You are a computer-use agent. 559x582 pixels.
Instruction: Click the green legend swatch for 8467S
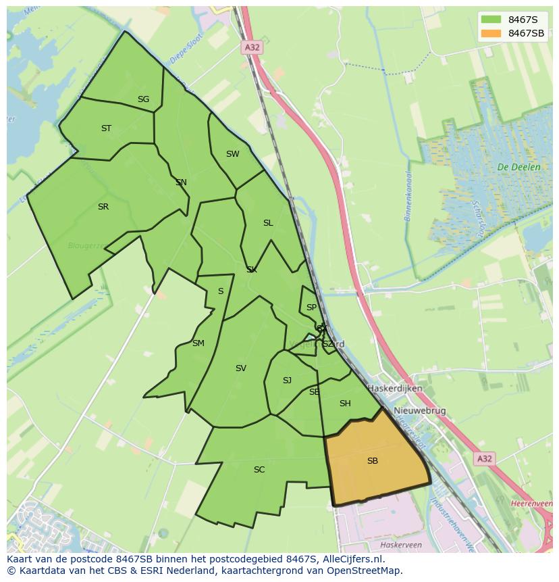491,20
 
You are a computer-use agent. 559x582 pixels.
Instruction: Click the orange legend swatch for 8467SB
491,33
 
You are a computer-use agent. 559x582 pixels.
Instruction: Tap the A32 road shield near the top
251,47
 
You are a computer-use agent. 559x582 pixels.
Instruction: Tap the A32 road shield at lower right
484,459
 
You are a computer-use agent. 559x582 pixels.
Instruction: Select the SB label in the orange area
373,461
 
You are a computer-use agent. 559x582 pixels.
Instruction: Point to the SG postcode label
143,99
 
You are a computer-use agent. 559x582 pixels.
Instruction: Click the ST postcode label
106,128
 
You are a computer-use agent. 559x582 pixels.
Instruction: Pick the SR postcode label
103,207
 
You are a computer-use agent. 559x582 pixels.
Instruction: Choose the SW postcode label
232,154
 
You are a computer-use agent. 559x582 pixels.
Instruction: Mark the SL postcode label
268,223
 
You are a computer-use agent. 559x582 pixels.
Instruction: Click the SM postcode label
198,343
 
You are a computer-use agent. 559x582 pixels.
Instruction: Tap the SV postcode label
241,368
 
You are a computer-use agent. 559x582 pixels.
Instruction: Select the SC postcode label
259,470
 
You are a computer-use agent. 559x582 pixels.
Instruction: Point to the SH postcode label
345,404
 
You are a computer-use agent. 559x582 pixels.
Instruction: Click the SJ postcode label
287,381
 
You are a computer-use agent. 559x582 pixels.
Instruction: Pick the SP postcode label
311,308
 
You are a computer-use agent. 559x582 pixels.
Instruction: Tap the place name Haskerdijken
395,389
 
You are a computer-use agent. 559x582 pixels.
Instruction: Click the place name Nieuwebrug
420,411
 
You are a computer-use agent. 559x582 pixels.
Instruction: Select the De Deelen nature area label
518,167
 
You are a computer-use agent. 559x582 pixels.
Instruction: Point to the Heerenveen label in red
532,504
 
